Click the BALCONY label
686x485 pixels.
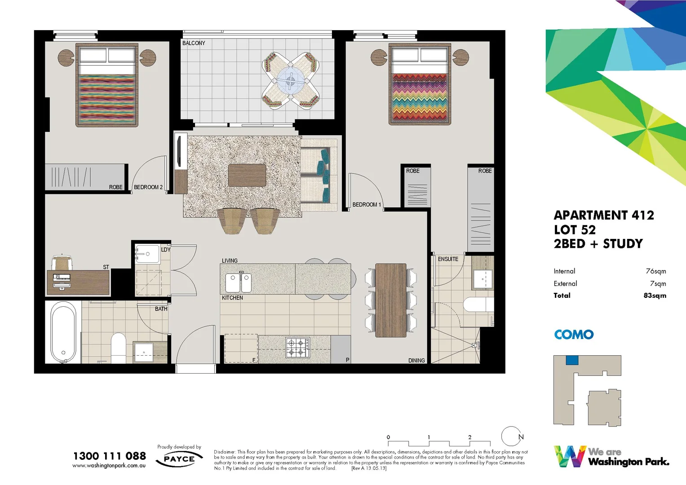194,43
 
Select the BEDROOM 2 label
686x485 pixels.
148,187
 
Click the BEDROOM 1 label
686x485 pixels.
367,205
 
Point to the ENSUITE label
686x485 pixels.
448,259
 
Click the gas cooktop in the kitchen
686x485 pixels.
297,348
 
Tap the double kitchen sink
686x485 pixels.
238,282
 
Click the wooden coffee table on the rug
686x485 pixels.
247,175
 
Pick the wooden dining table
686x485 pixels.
390,300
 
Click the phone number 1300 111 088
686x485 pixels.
110,456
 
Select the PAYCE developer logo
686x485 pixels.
179,459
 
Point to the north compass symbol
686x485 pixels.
512,436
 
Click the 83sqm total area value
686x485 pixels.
655,295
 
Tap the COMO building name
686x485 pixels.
574,335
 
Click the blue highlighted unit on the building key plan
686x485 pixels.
571,360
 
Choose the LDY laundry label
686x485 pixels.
166,250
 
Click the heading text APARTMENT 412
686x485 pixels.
603,216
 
